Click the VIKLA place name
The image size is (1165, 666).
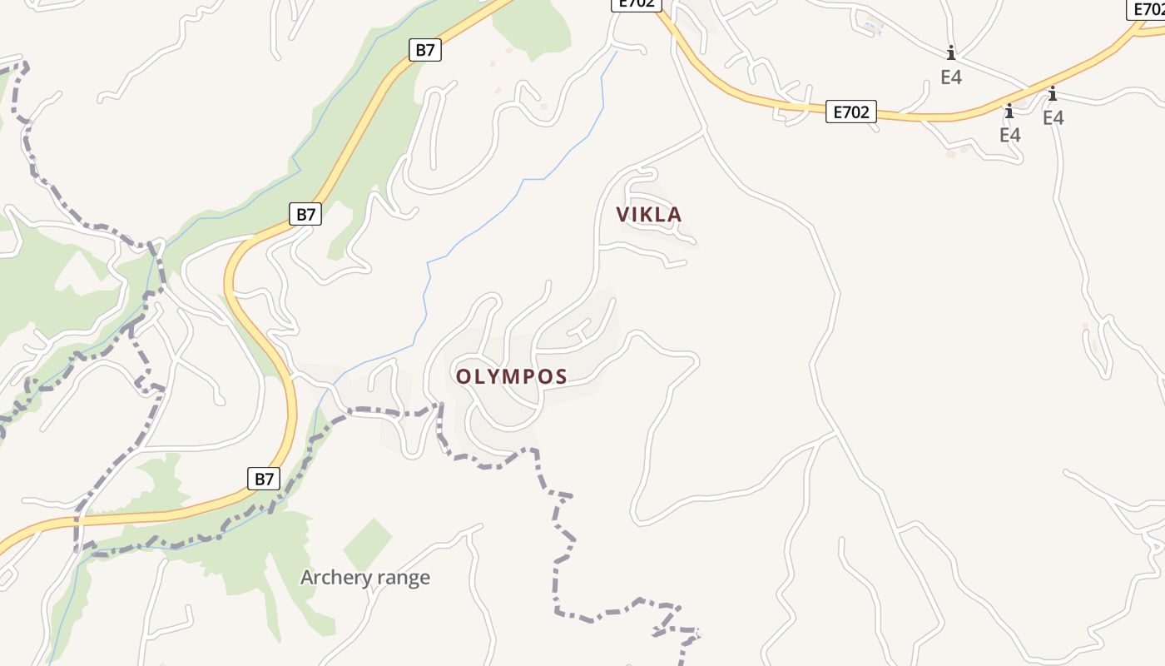point(649,215)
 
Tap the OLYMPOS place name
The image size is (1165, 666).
point(511,376)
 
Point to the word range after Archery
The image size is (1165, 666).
point(402,579)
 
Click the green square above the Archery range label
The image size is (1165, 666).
point(367,544)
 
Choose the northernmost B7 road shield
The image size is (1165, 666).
point(425,50)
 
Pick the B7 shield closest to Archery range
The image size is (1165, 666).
point(264,479)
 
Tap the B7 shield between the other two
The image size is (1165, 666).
point(306,214)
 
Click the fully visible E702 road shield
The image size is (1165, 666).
point(851,112)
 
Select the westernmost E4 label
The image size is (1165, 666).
point(951,77)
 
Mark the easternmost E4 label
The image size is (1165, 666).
point(1053,118)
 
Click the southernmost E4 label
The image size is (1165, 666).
point(1009,135)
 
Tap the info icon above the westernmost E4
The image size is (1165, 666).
point(951,53)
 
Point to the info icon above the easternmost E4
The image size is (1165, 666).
point(1053,93)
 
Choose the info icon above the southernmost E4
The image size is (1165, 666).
point(1009,112)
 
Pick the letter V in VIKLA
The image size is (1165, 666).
point(623,215)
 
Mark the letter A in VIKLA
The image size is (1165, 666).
point(675,215)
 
